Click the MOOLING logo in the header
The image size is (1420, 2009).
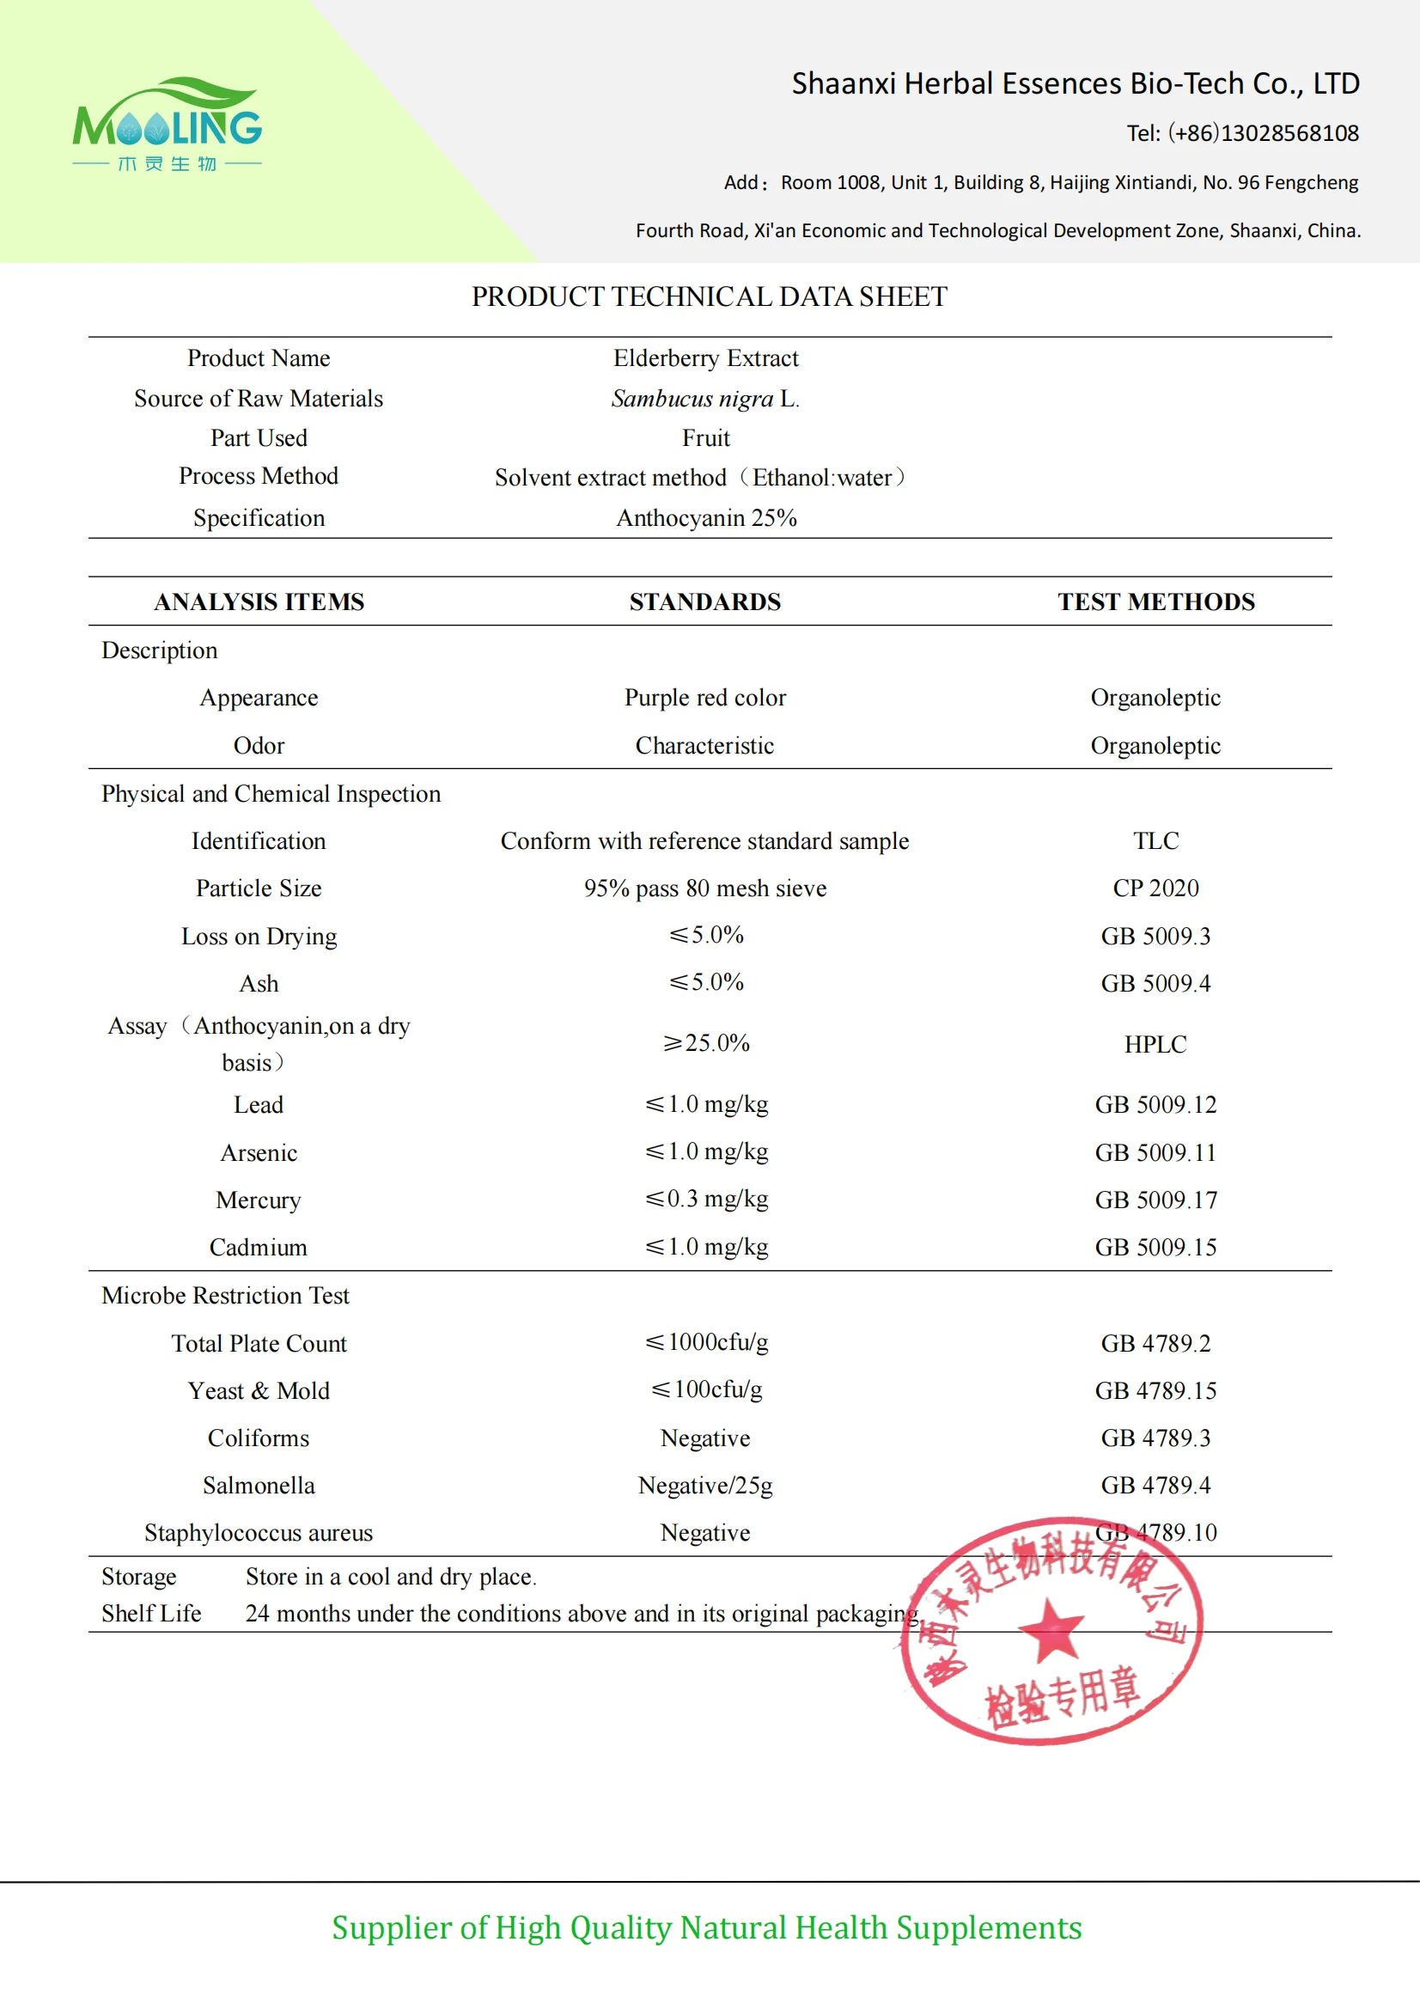click(x=168, y=125)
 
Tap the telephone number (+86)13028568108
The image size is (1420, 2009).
click(x=1263, y=133)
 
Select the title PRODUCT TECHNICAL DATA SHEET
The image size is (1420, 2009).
click(x=709, y=296)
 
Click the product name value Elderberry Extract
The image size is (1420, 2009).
click(x=705, y=357)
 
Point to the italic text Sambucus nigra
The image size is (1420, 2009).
click(x=692, y=399)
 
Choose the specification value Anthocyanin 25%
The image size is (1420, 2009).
click(x=706, y=518)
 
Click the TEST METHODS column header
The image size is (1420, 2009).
click(x=1155, y=602)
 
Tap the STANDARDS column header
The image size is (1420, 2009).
click(x=704, y=602)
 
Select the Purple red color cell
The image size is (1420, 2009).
click(x=704, y=698)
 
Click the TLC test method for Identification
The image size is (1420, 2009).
click(x=1155, y=841)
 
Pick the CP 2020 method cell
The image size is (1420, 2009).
click(x=1155, y=888)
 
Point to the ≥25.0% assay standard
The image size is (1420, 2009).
click(x=705, y=1043)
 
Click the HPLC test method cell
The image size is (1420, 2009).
click(x=1155, y=1044)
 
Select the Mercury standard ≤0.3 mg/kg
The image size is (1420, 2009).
click(x=705, y=1199)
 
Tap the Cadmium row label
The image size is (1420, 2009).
click(x=258, y=1247)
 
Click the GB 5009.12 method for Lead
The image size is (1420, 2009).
click(x=1155, y=1104)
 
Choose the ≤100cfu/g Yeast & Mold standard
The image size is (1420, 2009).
click(x=705, y=1389)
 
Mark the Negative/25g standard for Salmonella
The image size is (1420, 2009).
click(x=704, y=1485)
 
